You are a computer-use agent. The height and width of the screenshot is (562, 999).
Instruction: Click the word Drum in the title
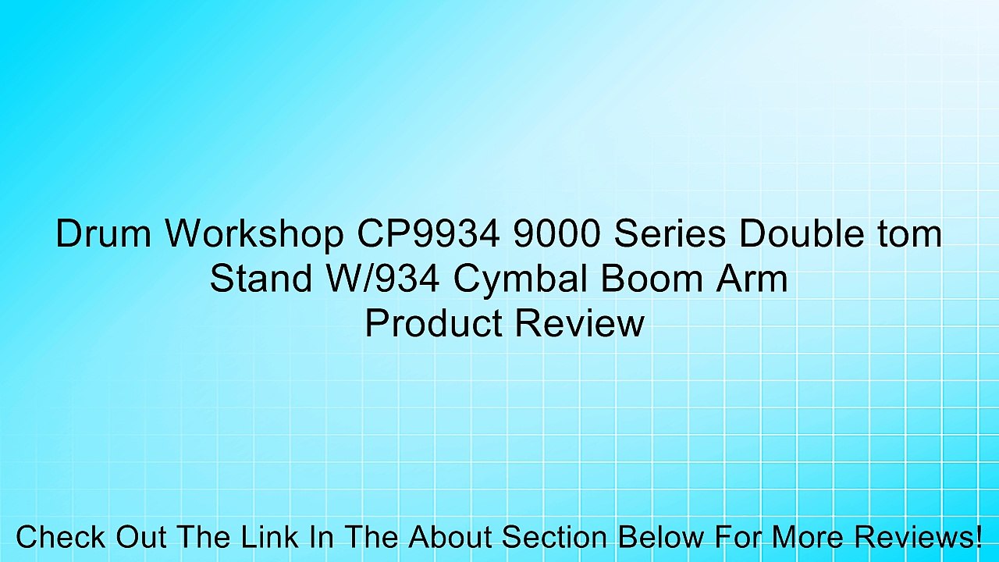click(x=103, y=234)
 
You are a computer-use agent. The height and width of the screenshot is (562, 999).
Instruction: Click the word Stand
click(x=258, y=279)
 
